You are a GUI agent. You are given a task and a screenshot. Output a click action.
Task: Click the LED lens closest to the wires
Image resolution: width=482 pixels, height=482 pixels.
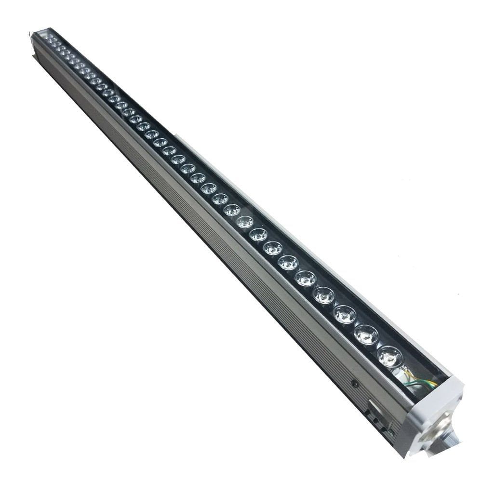point(389,357)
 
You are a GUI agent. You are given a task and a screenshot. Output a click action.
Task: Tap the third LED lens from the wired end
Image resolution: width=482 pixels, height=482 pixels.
point(345,314)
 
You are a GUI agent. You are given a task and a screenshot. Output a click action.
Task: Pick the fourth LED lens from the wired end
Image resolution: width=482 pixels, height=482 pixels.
point(324,295)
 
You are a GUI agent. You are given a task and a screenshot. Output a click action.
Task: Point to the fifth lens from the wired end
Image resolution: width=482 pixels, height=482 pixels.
point(306,278)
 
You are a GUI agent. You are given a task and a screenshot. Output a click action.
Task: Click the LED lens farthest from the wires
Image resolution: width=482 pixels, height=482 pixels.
point(50,38)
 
